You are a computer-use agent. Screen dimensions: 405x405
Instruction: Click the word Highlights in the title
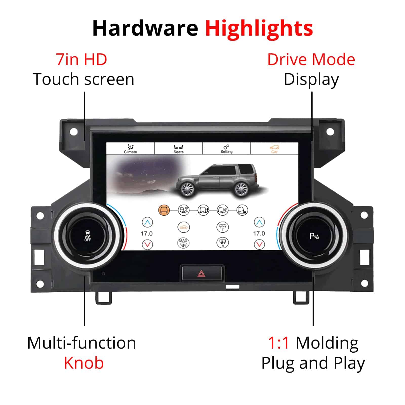coord(259,28)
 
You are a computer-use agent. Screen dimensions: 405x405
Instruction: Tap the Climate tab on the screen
coord(130,149)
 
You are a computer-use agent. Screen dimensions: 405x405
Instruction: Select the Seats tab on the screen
coord(178,149)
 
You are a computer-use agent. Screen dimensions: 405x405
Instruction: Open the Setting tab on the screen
coord(226,149)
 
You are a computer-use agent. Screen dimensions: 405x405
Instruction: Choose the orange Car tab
coord(274,149)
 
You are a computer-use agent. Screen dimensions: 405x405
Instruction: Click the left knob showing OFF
coord(87,235)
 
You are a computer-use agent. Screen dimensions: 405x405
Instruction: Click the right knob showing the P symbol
coord(314,235)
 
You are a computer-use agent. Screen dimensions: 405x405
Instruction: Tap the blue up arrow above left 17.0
coord(147,222)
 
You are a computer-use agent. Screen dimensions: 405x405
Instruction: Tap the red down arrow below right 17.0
coord(259,244)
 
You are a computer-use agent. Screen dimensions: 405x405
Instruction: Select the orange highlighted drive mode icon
coord(164,210)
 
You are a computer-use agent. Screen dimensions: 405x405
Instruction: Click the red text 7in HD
coord(82,59)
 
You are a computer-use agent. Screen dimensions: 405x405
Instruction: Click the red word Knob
coord(84,363)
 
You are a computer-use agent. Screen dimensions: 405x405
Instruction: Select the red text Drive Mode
coord(311,59)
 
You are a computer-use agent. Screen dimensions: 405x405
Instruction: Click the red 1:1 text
coord(278,343)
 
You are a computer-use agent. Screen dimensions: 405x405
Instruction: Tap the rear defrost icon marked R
coord(222,242)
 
